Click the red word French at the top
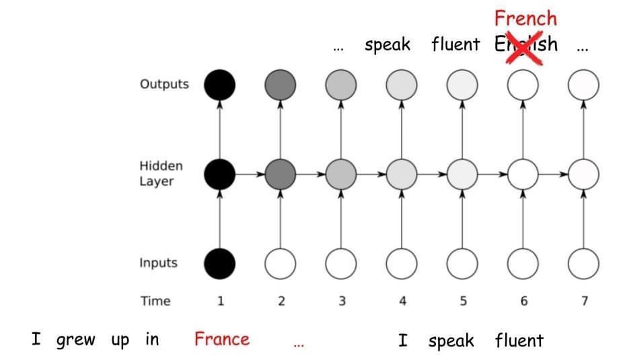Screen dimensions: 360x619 [x=525, y=17]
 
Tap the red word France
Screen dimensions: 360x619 [x=221, y=339]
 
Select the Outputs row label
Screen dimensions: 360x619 [x=164, y=85]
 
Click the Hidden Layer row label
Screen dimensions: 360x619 [x=161, y=174]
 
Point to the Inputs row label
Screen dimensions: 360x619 [x=159, y=263]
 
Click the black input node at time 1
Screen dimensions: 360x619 [x=220, y=263]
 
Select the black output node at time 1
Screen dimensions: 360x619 [x=220, y=85]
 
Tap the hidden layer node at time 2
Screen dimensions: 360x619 [x=281, y=174]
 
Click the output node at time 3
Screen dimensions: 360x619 [x=341, y=85]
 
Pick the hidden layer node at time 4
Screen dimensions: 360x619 [x=402, y=174]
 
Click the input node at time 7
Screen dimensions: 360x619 [x=583, y=263]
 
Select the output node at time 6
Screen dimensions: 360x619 [x=523, y=85]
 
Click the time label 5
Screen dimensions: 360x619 [x=463, y=301]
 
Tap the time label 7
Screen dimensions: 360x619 [x=584, y=301]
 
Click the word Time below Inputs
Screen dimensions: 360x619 [x=155, y=301]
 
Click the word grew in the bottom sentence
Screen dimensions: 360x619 [x=75, y=340]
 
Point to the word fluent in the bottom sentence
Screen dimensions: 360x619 [x=519, y=340]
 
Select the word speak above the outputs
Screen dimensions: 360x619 [x=387, y=45]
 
